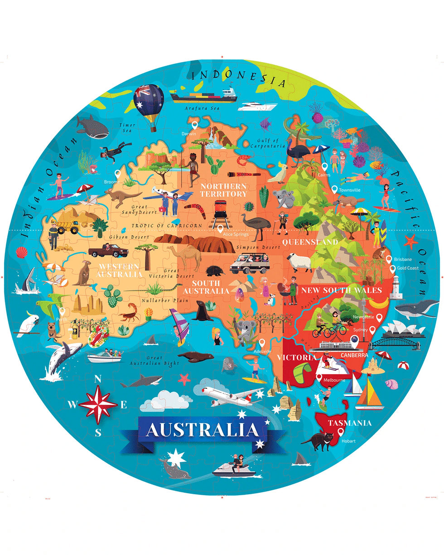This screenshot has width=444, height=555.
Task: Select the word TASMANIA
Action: tap(350, 424)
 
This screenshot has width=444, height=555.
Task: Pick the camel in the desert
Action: tap(185, 257)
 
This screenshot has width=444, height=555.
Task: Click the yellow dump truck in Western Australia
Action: tap(68, 225)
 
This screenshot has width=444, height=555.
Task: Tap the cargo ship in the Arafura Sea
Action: tap(203, 95)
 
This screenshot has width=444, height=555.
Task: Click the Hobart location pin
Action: tap(341, 432)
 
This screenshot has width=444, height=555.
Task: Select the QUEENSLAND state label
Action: tap(310, 242)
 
